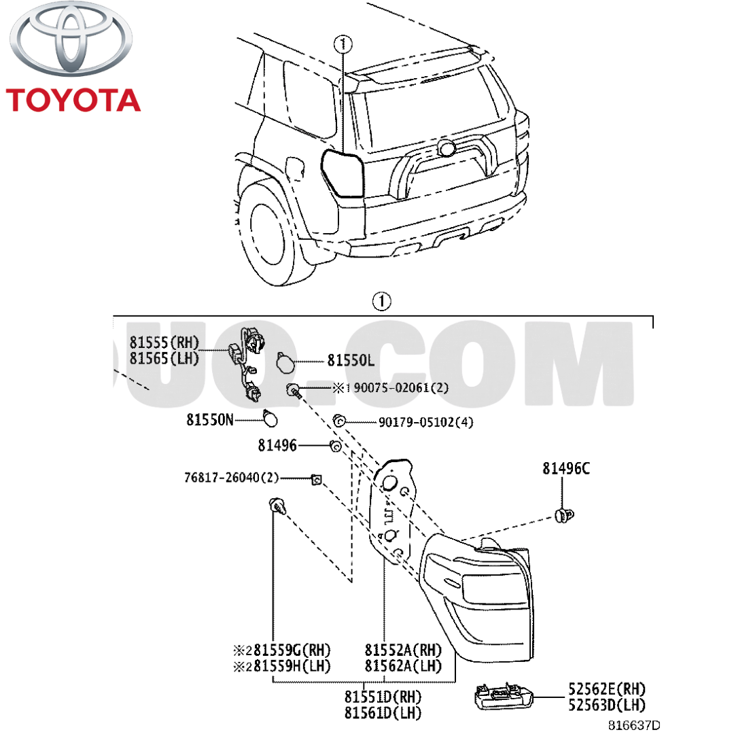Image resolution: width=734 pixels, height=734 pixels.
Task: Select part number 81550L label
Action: tap(351, 361)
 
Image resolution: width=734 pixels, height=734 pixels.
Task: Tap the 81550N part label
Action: tap(209, 421)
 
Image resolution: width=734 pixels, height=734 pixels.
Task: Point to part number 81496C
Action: tap(565, 468)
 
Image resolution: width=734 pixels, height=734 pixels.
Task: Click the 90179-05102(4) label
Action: tap(425, 422)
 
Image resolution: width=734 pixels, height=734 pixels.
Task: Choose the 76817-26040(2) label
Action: tap(231, 478)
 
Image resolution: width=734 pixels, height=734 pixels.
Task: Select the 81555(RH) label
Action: tap(164, 342)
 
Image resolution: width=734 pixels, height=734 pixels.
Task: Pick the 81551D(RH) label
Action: tap(383, 697)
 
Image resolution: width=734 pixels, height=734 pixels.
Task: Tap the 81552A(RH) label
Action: tap(403, 649)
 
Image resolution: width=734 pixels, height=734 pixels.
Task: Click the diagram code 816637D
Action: tap(633, 726)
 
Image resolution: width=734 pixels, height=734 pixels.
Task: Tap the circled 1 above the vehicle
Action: tap(343, 44)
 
